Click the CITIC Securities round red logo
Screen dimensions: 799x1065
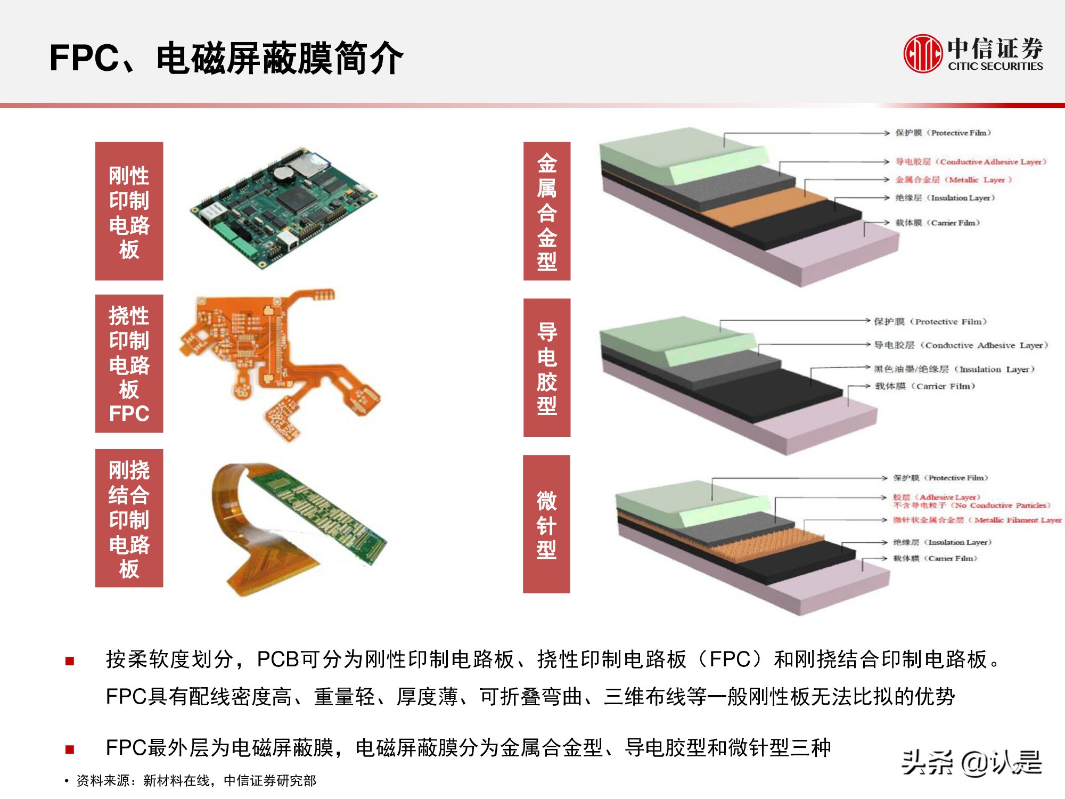click(923, 53)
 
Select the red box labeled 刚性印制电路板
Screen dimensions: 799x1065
click(129, 211)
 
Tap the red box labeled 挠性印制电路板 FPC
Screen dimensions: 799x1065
click(129, 363)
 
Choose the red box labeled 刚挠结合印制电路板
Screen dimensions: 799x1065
click(129, 518)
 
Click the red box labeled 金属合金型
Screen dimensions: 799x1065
click(547, 211)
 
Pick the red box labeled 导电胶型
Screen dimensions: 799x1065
click(547, 368)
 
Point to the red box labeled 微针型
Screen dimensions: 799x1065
click(546, 524)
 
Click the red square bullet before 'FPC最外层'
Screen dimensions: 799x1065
click(70, 749)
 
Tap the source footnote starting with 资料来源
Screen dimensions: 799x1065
click(196, 781)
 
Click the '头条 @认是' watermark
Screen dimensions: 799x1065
click(971, 763)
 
